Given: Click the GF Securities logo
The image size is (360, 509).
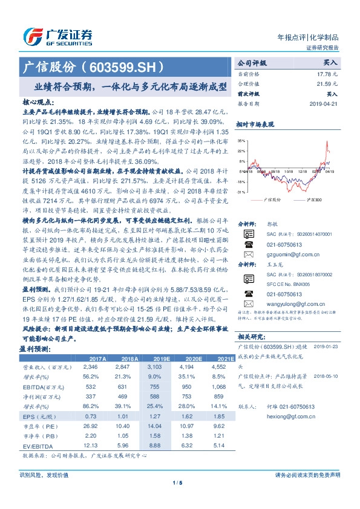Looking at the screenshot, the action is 57,36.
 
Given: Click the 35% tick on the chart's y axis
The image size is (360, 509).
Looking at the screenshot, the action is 241,140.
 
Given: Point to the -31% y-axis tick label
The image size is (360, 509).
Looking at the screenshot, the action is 241,192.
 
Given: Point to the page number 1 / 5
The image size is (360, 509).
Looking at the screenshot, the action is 180,481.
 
